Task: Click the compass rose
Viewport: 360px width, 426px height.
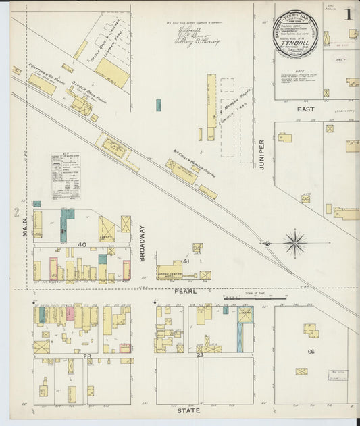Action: point(295,242)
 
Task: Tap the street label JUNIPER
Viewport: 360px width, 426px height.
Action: point(262,154)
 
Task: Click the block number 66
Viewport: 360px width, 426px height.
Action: point(311,352)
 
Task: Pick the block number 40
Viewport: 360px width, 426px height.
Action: point(82,244)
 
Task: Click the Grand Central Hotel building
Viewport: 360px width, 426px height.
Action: point(170,271)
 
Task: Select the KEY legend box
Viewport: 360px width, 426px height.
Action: point(66,176)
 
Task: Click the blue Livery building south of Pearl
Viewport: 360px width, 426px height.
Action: point(245,329)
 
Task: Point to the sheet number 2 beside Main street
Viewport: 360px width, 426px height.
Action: point(16,212)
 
